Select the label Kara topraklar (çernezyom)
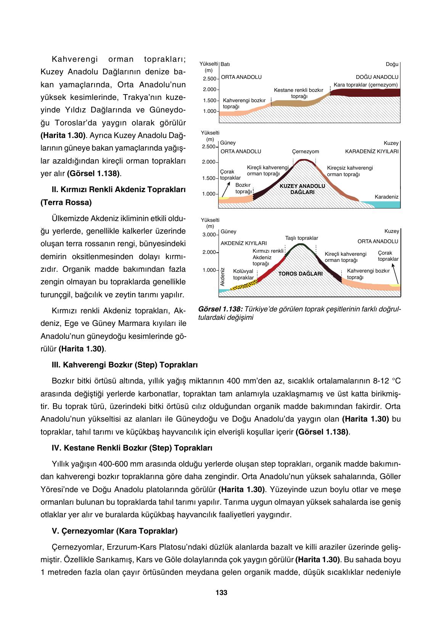click(x=365, y=85)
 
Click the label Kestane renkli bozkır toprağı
click(x=299, y=93)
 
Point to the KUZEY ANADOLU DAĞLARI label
click(x=302, y=189)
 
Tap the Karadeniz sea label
click(x=386, y=197)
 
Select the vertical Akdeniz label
click(x=222, y=277)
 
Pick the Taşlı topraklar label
click(x=301, y=238)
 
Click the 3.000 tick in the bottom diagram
click(x=209, y=234)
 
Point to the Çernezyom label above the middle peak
click(x=306, y=152)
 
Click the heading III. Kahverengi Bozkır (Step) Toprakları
click(x=124, y=365)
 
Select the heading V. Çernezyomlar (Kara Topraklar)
click(x=114, y=531)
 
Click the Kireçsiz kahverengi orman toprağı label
click(x=350, y=171)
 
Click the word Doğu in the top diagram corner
click(x=392, y=64)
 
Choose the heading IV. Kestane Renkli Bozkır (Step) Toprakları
click(x=132, y=448)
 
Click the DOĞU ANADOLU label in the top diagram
click(x=377, y=77)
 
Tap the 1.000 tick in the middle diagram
click(x=209, y=194)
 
